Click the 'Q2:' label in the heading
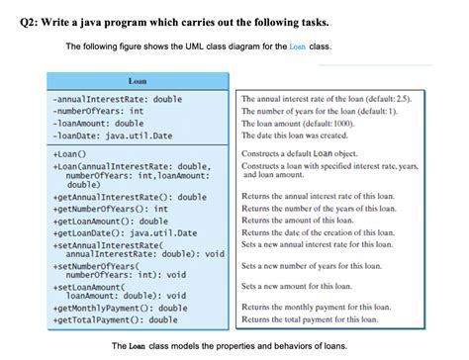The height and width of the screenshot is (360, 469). click(18, 22)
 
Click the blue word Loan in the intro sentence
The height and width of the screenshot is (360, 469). click(298, 46)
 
